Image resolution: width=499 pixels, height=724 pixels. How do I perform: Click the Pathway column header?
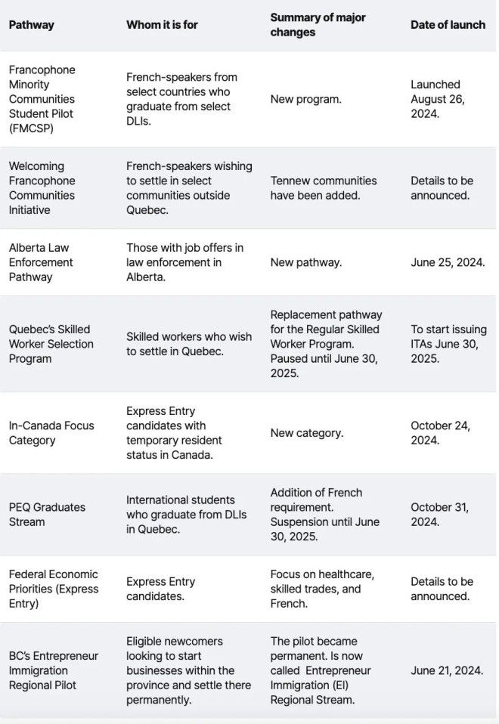tap(31, 25)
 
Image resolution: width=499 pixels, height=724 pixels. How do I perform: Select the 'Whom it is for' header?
tap(162, 25)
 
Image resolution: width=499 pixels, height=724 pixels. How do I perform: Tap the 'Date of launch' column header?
tap(448, 25)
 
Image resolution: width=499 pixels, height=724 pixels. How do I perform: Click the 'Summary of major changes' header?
tap(318, 25)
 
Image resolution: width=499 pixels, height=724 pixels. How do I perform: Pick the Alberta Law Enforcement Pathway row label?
tap(41, 262)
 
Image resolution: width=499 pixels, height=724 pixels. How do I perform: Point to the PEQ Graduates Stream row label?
tap(47, 514)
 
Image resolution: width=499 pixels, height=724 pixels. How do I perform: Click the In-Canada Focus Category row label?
tap(51, 432)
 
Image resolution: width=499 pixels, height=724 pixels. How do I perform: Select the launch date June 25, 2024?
tap(448, 262)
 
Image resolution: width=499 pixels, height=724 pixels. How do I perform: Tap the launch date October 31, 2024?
tap(439, 514)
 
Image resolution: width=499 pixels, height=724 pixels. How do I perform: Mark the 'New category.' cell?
tap(306, 433)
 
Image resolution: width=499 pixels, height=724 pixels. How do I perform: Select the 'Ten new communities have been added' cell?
tap(323, 187)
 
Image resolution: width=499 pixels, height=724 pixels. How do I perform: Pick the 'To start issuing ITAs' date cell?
tap(448, 344)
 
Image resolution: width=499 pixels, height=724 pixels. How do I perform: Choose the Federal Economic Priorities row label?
tap(53, 589)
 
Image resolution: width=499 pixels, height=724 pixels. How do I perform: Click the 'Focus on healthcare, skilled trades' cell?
tap(322, 589)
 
